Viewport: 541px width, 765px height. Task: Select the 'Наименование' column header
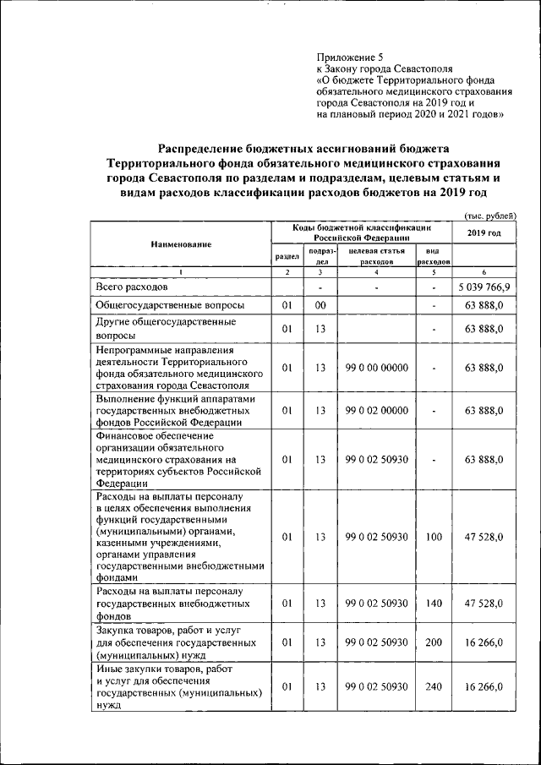181,244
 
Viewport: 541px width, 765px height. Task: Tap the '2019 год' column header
484,232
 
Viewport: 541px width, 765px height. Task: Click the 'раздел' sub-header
287,256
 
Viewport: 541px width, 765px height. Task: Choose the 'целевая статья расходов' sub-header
376,256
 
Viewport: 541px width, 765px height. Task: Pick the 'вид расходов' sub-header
433,256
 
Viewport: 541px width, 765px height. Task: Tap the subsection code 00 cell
320,305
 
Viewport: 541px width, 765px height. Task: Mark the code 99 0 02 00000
377,410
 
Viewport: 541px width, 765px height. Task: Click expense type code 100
434,537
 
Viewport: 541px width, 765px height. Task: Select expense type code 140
434,603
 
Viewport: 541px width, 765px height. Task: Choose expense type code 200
434,642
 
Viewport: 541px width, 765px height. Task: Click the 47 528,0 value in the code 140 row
484,603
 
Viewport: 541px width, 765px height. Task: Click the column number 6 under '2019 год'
484,272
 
